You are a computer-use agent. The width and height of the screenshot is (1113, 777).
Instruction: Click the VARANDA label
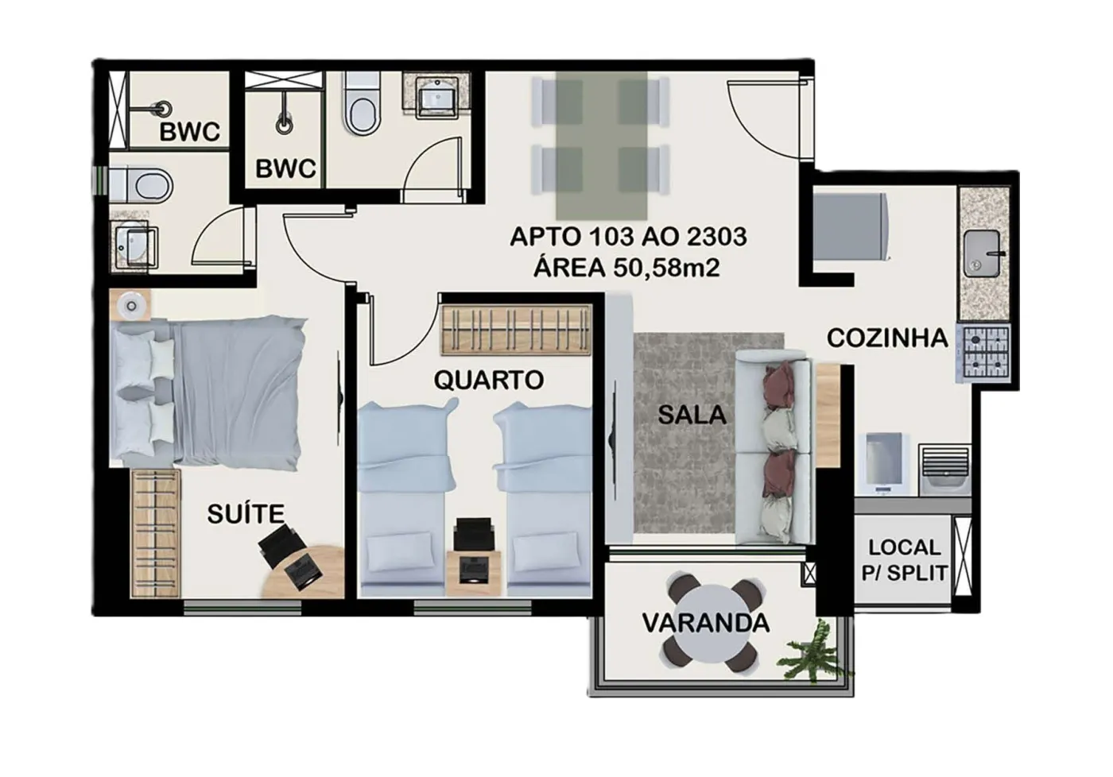point(706,623)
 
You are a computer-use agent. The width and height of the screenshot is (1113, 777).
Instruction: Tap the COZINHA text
point(887,338)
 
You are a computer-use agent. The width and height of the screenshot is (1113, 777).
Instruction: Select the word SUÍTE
point(246,513)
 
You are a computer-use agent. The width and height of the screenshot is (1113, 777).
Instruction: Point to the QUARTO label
point(489,381)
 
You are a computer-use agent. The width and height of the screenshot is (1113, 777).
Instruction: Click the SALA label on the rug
point(692,415)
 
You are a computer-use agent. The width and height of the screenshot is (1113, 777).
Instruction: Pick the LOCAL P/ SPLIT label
point(905,561)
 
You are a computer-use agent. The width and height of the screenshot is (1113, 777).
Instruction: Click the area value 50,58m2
point(666,269)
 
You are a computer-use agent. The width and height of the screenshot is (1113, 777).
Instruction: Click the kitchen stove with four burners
point(986,352)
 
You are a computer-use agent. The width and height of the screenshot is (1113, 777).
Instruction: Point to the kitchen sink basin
point(983,253)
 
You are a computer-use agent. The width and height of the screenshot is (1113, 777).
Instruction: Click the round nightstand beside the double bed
point(130,305)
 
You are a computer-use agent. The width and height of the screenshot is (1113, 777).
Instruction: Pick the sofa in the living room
point(774,446)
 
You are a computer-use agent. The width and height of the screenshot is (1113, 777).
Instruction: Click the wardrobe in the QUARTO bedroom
point(517,330)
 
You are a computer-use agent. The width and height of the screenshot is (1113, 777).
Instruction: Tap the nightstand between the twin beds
point(474,573)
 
